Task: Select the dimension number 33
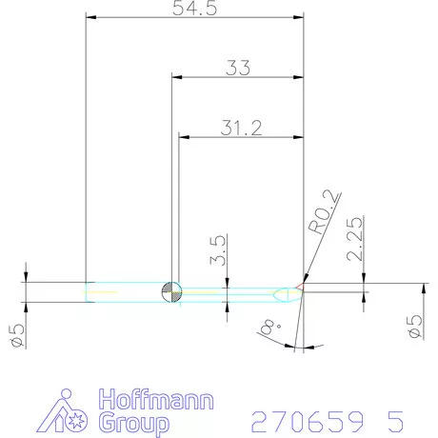coord(239,68)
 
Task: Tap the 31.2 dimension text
coord(243,128)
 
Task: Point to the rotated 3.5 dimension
coord(218,257)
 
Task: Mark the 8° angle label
coord(269,328)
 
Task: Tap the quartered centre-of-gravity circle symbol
coord(171,291)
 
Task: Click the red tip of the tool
coord(300,286)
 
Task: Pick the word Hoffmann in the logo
coord(157,400)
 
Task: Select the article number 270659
coord(305,419)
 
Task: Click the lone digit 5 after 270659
coord(395,419)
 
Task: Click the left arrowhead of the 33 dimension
coord(175,78)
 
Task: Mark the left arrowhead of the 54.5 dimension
coord(91,17)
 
